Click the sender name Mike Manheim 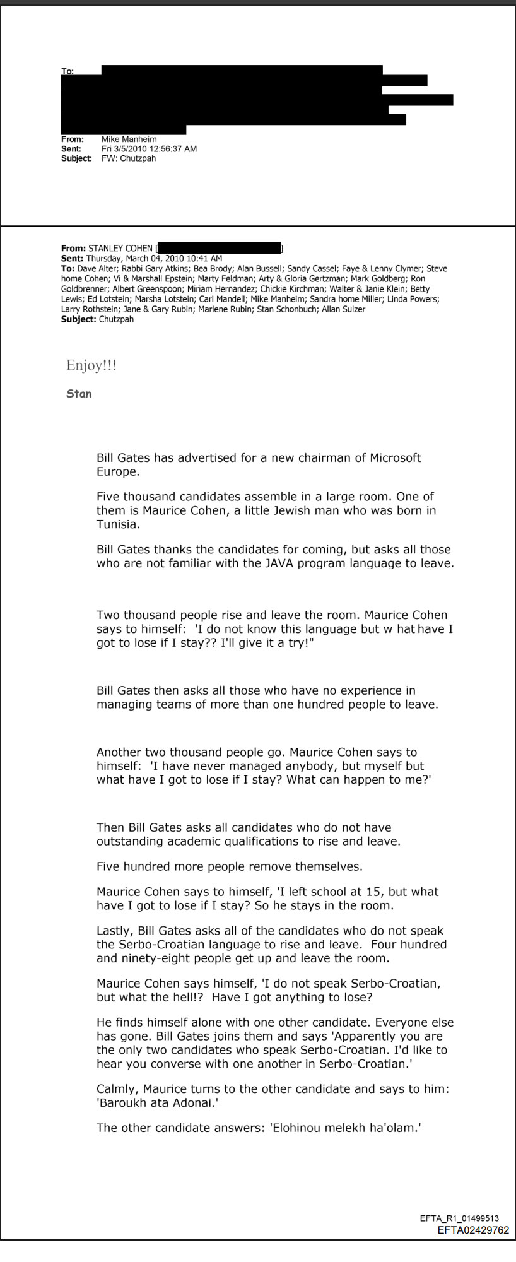pos(129,139)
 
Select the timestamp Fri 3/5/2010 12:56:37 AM pos(149,149)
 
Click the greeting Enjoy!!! pos(91,365)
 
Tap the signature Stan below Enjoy pos(79,394)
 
